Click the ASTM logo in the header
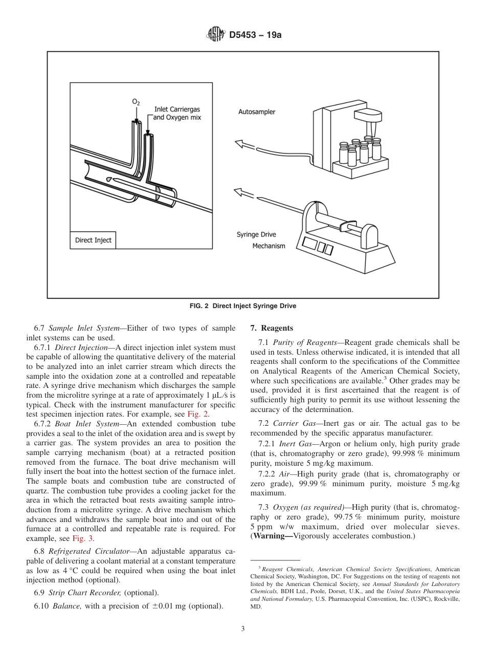[x=215, y=35]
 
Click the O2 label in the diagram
[x=136, y=102]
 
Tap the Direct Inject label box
[x=93, y=240]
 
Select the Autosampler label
[x=257, y=112]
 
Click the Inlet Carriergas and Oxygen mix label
[x=178, y=113]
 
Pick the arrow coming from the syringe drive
[x=245, y=193]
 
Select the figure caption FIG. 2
[x=243, y=306]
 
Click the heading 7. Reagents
[x=271, y=328]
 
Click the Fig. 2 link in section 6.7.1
[x=198, y=414]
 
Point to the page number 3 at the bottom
[x=243, y=629]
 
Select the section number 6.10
[x=41, y=606]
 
